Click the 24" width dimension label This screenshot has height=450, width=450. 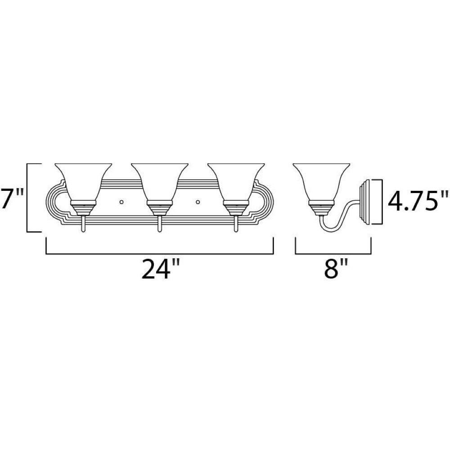pyautogui.click(x=161, y=270)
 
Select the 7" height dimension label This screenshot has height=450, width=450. pyautogui.click(x=12, y=198)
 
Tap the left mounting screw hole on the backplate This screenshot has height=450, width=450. pyautogui.click(x=121, y=202)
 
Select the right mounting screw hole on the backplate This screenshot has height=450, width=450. pyautogui.click(x=198, y=202)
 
